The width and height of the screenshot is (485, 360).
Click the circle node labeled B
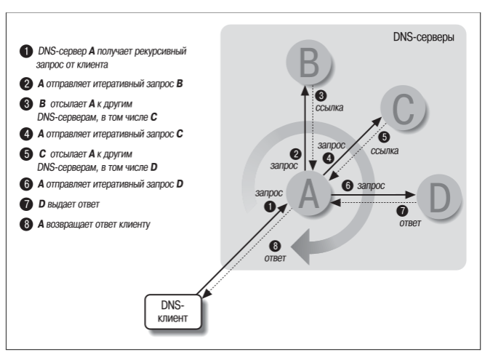click(309, 62)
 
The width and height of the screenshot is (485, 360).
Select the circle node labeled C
click(403, 108)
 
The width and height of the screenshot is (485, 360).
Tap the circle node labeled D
click(439, 197)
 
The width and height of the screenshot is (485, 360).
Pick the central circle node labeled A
click(309, 193)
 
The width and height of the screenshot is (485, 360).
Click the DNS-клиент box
click(173, 312)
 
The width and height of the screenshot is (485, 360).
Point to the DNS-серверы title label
click(423, 37)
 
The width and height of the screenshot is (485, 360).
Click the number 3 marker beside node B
click(321, 95)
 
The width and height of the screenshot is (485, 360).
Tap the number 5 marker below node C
click(384, 137)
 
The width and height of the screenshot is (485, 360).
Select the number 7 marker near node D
click(402, 211)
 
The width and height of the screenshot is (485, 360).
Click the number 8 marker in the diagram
click(275, 246)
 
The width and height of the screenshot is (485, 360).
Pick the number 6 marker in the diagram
click(348, 185)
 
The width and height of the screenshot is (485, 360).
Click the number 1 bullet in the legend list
click(26, 52)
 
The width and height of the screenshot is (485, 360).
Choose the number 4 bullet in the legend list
click(26, 135)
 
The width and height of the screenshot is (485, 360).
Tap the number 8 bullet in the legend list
click(26, 224)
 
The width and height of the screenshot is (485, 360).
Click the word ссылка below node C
click(385, 151)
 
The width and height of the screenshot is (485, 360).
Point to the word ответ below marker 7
click(410, 223)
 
